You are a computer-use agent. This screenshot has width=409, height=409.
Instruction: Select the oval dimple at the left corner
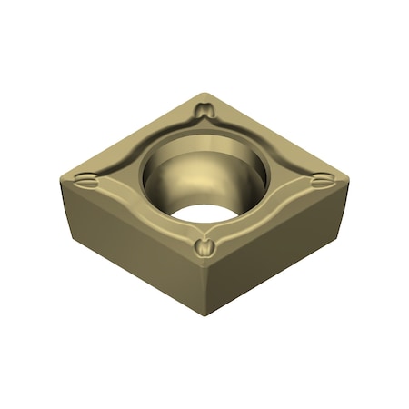pos(86,181)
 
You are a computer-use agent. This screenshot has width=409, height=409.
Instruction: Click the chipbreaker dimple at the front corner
pos(205,245)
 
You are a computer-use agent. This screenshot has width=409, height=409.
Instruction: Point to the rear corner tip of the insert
pos(206,94)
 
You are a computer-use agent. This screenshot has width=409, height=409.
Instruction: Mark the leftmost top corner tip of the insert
pos(65,175)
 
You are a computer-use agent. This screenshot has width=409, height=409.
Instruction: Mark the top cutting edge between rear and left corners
pos(136,134)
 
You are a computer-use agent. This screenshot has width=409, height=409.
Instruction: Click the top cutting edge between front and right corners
pos(277,223)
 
